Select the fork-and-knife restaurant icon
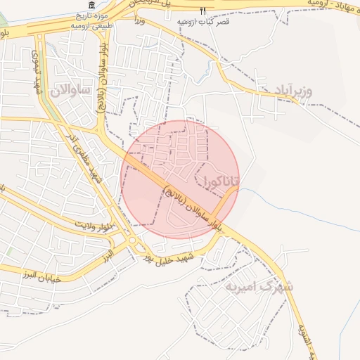pyautogui.click(x=202, y=11)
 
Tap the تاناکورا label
pyautogui.click(x=221, y=181)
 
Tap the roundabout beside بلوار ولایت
pyautogui.click(x=132, y=242)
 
